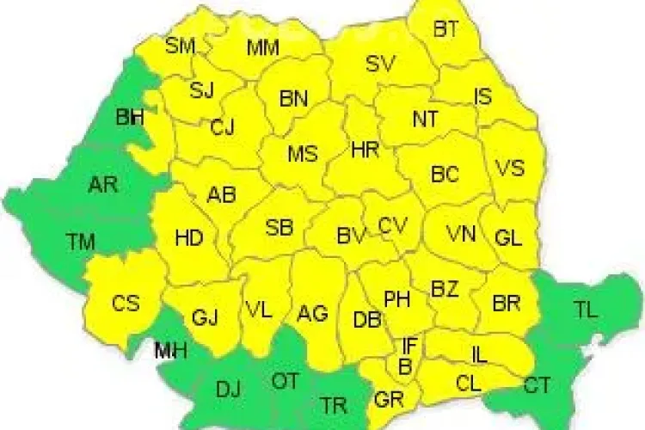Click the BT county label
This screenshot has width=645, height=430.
point(445,29)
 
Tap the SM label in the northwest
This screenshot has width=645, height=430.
point(181,46)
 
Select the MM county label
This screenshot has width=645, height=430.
point(262,48)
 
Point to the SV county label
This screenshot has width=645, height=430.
point(379,63)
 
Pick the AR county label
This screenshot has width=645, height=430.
point(103,183)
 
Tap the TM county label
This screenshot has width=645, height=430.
point(82,242)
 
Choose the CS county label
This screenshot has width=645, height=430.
point(126,304)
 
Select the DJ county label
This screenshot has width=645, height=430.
point(228,390)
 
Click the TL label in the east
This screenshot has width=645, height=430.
point(586,311)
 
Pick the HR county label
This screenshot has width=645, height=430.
point(365,150)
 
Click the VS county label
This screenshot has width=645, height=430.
point(510,168)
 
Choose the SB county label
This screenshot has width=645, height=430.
point(279,228)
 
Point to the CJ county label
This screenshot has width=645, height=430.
point(222,128)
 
